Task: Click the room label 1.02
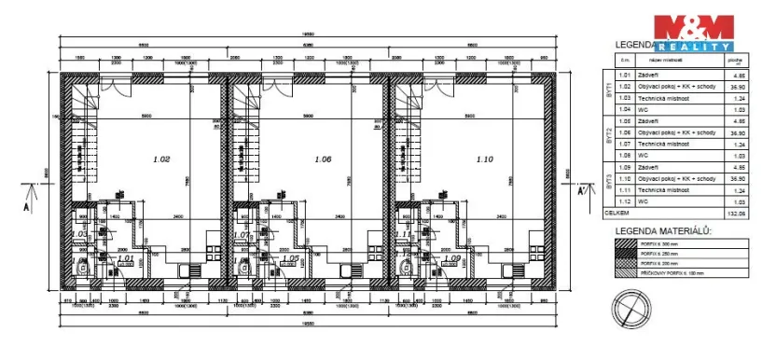click(x=160, y=159)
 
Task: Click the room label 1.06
click(x=324, y=159)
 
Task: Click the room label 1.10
click(x=483, y=159)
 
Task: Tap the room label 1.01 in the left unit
click(x=127, y=258)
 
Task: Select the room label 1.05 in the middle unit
click(x=290, y=258)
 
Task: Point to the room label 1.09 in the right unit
click(x=453, y=258)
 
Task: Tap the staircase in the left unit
click(x=83, y=140)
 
